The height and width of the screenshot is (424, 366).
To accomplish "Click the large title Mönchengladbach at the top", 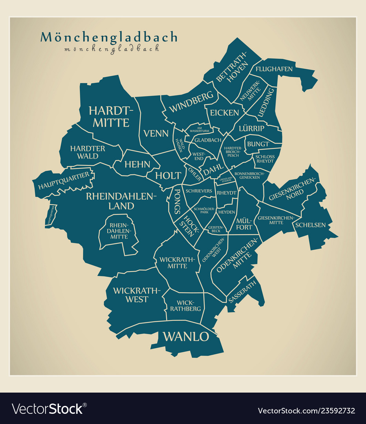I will click(109, 37).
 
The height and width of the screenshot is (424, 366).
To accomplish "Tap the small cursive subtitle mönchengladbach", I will click(112, 49).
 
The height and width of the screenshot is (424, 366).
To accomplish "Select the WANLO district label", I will click(186, 336).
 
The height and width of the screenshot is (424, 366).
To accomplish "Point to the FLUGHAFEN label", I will click(274, 69).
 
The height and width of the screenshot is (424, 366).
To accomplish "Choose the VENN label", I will click(156, 133).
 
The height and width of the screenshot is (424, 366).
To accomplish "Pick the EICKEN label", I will click(224, 113).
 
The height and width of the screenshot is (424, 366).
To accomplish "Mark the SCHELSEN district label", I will click(311, 225).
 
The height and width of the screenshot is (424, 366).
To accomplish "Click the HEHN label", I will click(137, 164).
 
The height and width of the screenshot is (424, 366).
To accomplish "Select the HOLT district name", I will click(168, 175).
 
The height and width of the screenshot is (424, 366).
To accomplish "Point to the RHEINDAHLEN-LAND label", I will click(121, 201).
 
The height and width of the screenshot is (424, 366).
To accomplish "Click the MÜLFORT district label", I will click(244, 224).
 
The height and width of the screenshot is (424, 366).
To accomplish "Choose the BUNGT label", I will click(258, 144).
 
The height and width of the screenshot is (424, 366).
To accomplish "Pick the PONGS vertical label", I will click(177, 201).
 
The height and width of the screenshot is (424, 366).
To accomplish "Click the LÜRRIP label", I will click(251, 128).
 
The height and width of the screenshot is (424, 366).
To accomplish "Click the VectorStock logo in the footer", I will click(48, 409).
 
